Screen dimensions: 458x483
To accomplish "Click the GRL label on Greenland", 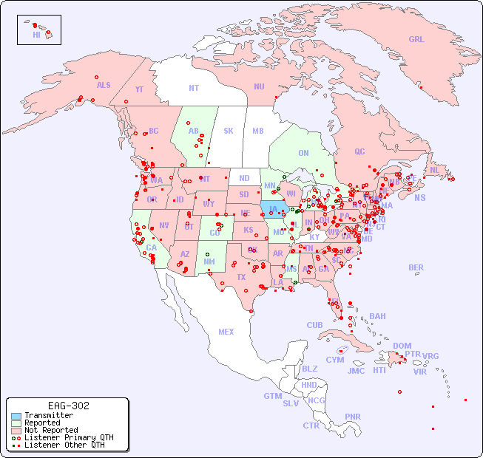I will [x=416, y=40].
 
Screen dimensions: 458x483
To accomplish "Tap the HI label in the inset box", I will [x=36, y=35].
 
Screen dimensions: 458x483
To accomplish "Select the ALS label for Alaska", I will [x=104, y=85].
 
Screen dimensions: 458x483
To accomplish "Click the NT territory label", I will [x=194, y=88].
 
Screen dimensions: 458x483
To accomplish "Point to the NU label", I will [x=259, y=86].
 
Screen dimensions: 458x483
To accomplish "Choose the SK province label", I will [x=229, y=131].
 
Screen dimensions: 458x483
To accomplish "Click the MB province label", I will [x=257, y=131].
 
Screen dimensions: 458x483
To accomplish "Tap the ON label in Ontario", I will [x=303, y=154].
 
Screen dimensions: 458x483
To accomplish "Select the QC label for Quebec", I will [x=359, y=151].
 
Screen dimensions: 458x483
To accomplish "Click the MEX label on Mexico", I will [x=226, y=332].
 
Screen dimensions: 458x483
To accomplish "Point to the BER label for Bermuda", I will [x=416, y=267].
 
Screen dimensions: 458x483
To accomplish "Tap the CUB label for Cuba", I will [x=314, y=325].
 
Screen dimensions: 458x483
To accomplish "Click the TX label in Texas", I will [x=241, y=277].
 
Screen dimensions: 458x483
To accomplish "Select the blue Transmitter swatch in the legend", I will [x=16, y=416].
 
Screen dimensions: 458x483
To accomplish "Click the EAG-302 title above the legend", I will [x=68, y=406].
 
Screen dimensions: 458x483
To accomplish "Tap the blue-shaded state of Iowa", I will [x=272, y=208].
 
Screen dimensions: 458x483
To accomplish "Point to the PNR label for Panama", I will [x=353, y=417].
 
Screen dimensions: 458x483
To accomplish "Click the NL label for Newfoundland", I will [x=435, y=170].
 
